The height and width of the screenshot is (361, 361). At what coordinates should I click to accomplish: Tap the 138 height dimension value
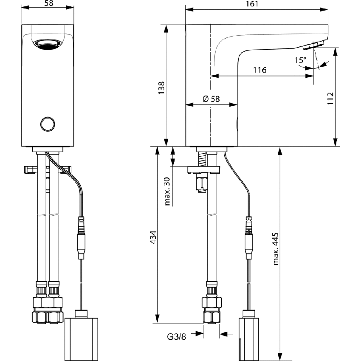(x=161, y=87)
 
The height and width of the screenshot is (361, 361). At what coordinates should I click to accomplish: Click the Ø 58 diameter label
(x=211, y=99)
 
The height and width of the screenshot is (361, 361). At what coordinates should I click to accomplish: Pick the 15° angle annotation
(x=300, y=60)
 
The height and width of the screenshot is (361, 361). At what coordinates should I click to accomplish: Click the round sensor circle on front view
(x=47, y=124)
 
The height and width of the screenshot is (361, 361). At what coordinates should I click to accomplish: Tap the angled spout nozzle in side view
(x=316, y=44)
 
